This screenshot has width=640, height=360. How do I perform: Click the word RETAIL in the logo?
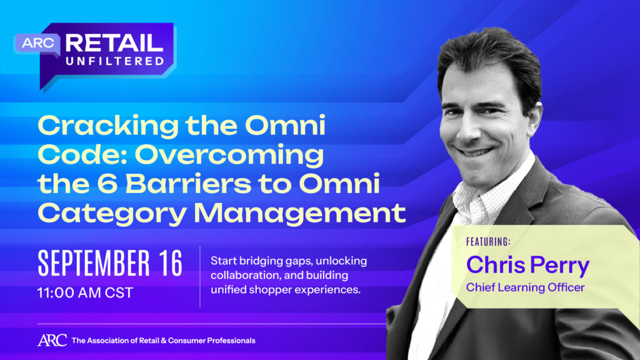click(114, 43)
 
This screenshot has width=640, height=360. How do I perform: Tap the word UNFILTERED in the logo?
click(115, 61)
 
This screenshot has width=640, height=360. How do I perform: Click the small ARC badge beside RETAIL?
click(38, 43)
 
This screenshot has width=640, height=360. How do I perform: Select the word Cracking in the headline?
click(108, 127)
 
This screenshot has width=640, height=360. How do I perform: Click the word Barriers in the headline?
click(188, 184)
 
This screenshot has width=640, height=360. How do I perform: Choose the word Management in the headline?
click(299, 213)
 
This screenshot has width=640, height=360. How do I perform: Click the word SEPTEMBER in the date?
click(94, 263)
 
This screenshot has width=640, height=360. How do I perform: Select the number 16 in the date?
click(171, 263)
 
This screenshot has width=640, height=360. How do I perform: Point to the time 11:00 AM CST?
click(85, 292)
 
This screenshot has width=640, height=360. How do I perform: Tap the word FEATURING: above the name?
click(488, 242)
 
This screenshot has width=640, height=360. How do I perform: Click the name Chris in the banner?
click(496, 265)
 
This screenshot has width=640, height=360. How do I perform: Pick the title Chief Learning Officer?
click(525, 287)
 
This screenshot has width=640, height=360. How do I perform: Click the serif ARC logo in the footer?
click(52, 341)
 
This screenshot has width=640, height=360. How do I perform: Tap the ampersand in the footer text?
click(163, 341)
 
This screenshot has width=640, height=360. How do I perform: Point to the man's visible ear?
click(536, 118)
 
